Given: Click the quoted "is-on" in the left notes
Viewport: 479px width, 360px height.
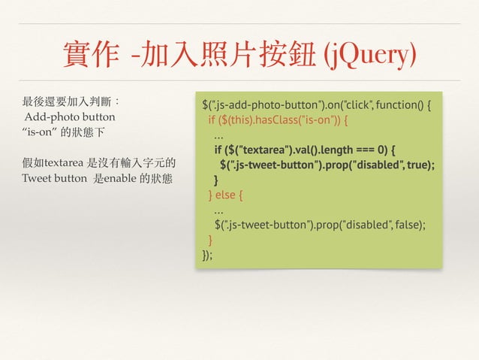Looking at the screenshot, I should pos(41,132).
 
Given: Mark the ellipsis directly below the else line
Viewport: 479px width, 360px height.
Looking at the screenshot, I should pos(218,210).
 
